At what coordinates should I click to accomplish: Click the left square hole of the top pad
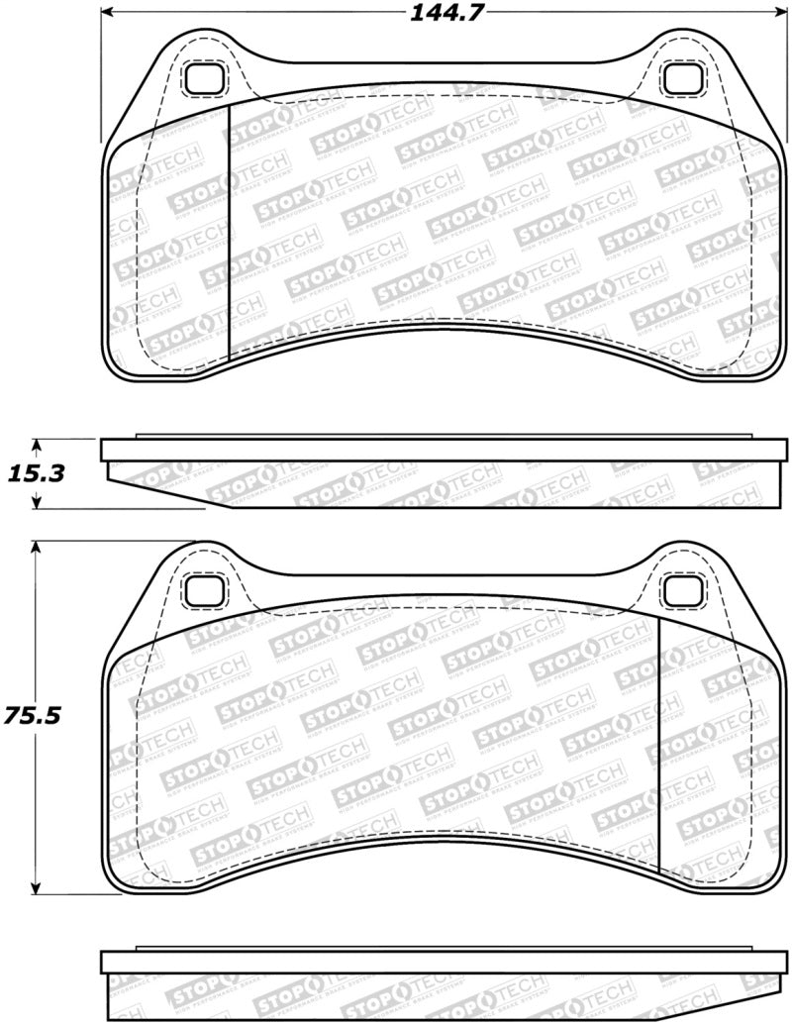[x=206, y=78]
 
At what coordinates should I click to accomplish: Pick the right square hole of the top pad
[x=680, y=78]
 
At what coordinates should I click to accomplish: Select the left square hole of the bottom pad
[x=206, y=591]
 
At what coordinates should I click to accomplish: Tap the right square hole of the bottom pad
[x=680, y=591]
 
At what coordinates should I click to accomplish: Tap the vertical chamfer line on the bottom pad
[x=659, y=743]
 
